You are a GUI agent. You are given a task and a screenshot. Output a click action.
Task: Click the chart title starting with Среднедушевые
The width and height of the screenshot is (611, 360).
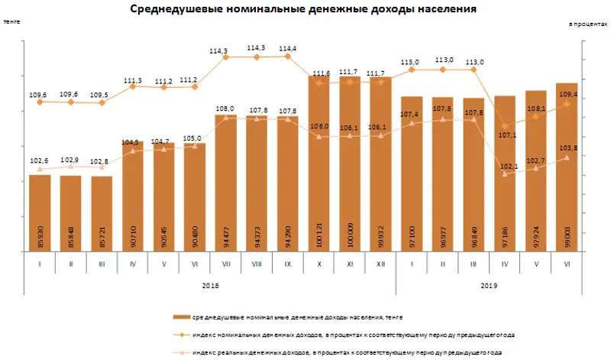pyautogui.click(x=303, y=10)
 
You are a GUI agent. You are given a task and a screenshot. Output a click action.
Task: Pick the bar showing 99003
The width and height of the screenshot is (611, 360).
pyautogui.click(x=566, y=168)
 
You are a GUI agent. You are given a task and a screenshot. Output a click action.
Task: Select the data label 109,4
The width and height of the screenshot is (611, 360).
pyautogui.click(x=567, y=95)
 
